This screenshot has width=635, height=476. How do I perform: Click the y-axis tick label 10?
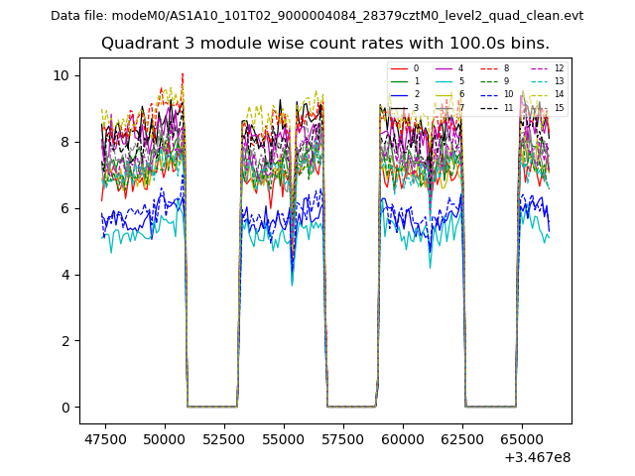[x=61, y=75]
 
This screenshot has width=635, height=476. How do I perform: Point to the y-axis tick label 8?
[x=64, y=142]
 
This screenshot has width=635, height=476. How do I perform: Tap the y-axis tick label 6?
[x=64, y=208]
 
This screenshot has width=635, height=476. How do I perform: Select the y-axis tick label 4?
[x=64, y=275]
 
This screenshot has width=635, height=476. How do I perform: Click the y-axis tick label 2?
[x=64, y=341]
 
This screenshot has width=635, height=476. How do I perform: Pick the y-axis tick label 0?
[x=64, y=408]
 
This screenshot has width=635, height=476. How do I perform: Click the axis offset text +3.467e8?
[x=538, y=457]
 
